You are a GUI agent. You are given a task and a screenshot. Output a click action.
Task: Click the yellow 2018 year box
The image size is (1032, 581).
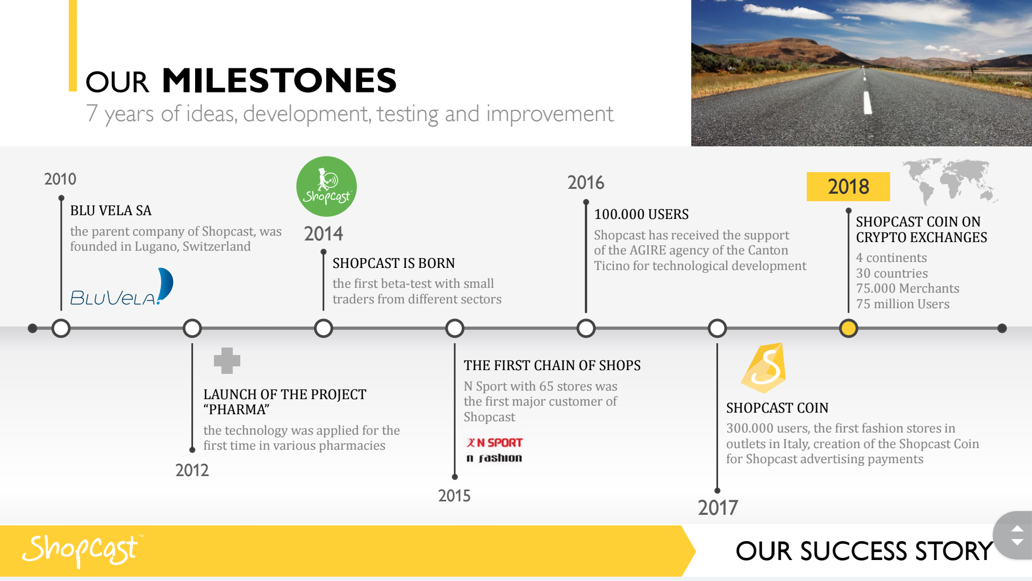tap(848, 187)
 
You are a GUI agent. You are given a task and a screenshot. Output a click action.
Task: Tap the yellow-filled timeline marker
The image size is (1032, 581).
tap(848, 328)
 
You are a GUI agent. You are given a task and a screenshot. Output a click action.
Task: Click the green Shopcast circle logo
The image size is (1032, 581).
tap(326, 187)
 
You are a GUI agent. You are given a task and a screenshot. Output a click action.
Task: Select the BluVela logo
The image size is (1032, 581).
tap(122, 287)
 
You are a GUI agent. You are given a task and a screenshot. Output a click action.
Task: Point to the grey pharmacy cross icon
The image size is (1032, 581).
tap(227, 360)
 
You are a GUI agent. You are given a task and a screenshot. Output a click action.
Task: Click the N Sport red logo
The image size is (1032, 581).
tap(494, 443)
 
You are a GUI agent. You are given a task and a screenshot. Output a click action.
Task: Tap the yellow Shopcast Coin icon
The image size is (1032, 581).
tap(764, 368)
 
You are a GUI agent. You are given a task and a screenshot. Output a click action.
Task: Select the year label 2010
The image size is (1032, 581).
tap(60, 179)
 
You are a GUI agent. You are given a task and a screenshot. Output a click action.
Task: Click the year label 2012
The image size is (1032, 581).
tap(192, 470)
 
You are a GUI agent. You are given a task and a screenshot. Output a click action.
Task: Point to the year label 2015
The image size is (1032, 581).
tap(454, 495)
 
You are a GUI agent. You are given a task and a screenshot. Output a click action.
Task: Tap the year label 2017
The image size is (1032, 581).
tap(718, 508)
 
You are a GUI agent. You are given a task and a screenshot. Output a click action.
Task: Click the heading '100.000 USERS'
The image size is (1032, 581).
tap(641, 214)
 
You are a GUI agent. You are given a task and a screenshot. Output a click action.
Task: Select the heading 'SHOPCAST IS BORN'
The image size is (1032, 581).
tap(393, 263)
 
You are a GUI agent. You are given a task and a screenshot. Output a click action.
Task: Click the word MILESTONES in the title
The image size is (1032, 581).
tap(279, 81)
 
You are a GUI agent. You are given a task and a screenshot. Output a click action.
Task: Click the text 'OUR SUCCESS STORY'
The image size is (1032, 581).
tap(864, 551)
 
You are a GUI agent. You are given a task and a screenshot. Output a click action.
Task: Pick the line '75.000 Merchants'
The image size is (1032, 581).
tap(907, 288)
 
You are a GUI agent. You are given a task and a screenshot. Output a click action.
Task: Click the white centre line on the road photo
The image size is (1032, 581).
tap(867, 102)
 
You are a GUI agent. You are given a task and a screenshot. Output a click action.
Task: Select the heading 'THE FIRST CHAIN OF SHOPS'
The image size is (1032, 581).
tap(552, 365)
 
